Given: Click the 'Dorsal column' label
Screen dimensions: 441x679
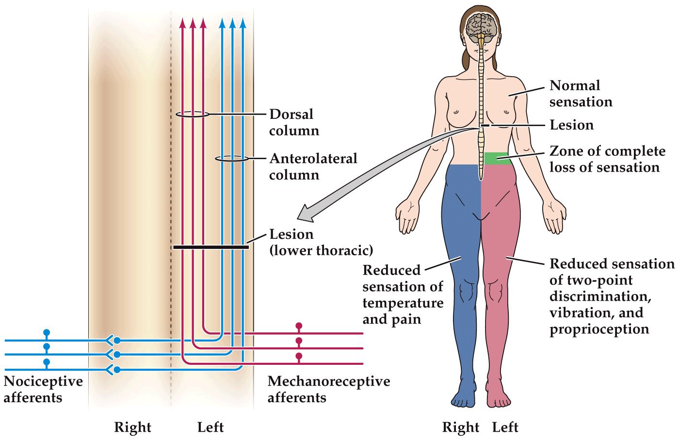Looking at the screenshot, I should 294,122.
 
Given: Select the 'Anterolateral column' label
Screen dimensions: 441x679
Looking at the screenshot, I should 313,166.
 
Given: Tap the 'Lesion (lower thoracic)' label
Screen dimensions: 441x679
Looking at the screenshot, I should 321,242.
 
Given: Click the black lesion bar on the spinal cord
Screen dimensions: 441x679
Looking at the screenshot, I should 211,247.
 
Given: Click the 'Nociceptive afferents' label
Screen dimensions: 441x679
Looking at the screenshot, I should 43,389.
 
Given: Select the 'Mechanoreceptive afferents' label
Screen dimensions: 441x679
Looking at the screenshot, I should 328,389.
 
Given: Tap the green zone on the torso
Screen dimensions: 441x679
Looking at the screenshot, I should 498,158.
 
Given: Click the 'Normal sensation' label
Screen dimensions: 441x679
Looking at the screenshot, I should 581,94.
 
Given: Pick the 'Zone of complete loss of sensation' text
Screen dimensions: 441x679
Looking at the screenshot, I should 607,159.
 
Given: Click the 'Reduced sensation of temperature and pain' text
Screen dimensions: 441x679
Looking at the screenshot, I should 403,294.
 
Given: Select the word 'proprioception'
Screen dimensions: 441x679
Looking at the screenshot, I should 599,329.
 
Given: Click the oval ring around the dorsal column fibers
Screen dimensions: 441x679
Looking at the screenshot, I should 192,114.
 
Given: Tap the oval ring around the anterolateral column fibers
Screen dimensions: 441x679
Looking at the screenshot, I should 232,159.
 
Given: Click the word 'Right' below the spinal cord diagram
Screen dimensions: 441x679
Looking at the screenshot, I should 132,427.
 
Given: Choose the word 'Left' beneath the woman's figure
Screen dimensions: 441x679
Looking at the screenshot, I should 505,427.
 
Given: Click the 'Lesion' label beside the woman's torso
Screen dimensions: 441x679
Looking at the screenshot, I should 571,125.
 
